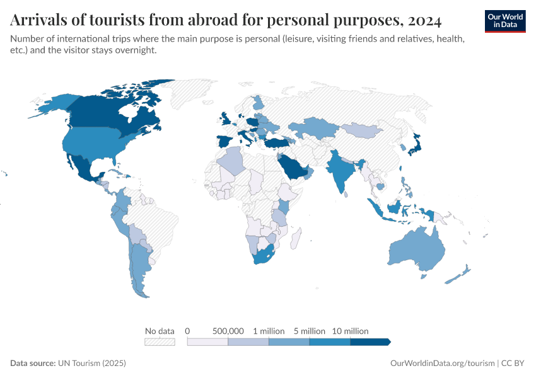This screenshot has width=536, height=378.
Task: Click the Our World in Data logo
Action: coord(504,21)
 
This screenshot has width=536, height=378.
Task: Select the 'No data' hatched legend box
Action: coord(160,341)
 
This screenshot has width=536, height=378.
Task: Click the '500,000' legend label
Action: coord(228,331)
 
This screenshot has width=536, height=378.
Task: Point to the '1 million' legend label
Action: coord(269,331)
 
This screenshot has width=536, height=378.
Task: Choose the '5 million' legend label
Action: coord(309,331)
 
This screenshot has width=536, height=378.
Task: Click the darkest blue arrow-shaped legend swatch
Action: coord(371,341)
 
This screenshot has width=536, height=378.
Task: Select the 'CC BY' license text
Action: coord(513,364)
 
